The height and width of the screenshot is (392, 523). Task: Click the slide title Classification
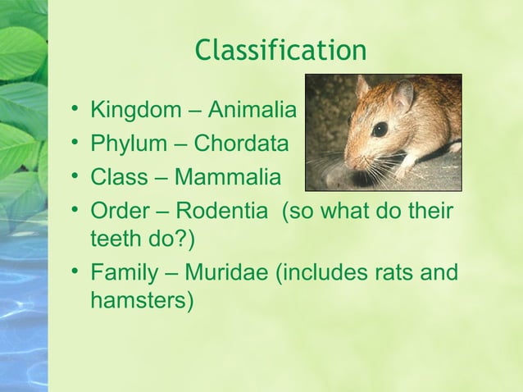(x=280, y=51)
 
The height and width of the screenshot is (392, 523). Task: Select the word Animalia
(x=255, y=110)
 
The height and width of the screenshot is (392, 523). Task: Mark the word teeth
(x=115, y=241)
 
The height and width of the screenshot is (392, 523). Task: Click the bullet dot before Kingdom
(x=75, y=110)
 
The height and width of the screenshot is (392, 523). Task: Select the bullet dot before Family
(x=75, y=271)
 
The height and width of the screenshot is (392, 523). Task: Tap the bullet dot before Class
(x=75, y=178)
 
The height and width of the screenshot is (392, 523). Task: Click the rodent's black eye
(x=380, y=129)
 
